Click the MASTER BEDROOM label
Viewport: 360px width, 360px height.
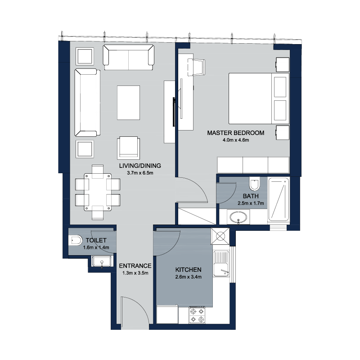pos(235,133)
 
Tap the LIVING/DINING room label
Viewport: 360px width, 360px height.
pos(140,166)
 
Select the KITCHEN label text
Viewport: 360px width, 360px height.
pos(188,270)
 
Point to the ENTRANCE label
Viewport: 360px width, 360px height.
pos(135,266)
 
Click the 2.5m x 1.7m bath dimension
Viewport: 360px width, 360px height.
pos(251,203)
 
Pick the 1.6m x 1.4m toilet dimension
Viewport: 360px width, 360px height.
pos(96,247)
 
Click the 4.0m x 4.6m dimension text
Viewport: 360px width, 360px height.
pos(236,140)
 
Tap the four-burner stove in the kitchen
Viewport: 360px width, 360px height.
pos(197,315)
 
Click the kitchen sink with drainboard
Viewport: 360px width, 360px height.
pos(221,264)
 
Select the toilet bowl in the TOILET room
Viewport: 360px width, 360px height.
pos(75,240)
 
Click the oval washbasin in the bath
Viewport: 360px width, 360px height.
pos(238,217)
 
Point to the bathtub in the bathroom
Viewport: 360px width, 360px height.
pos(278,199)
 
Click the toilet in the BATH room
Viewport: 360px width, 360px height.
pos(254,184)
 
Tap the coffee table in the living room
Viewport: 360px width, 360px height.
pos(128,103)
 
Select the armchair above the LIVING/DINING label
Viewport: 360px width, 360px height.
pos(129,148)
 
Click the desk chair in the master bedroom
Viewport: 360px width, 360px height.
pos(196,67)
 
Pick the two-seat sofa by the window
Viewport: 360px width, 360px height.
pos(128,58)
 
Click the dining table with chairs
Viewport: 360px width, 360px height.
pos(98,192)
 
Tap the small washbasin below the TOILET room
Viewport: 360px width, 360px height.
pos(102,261)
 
